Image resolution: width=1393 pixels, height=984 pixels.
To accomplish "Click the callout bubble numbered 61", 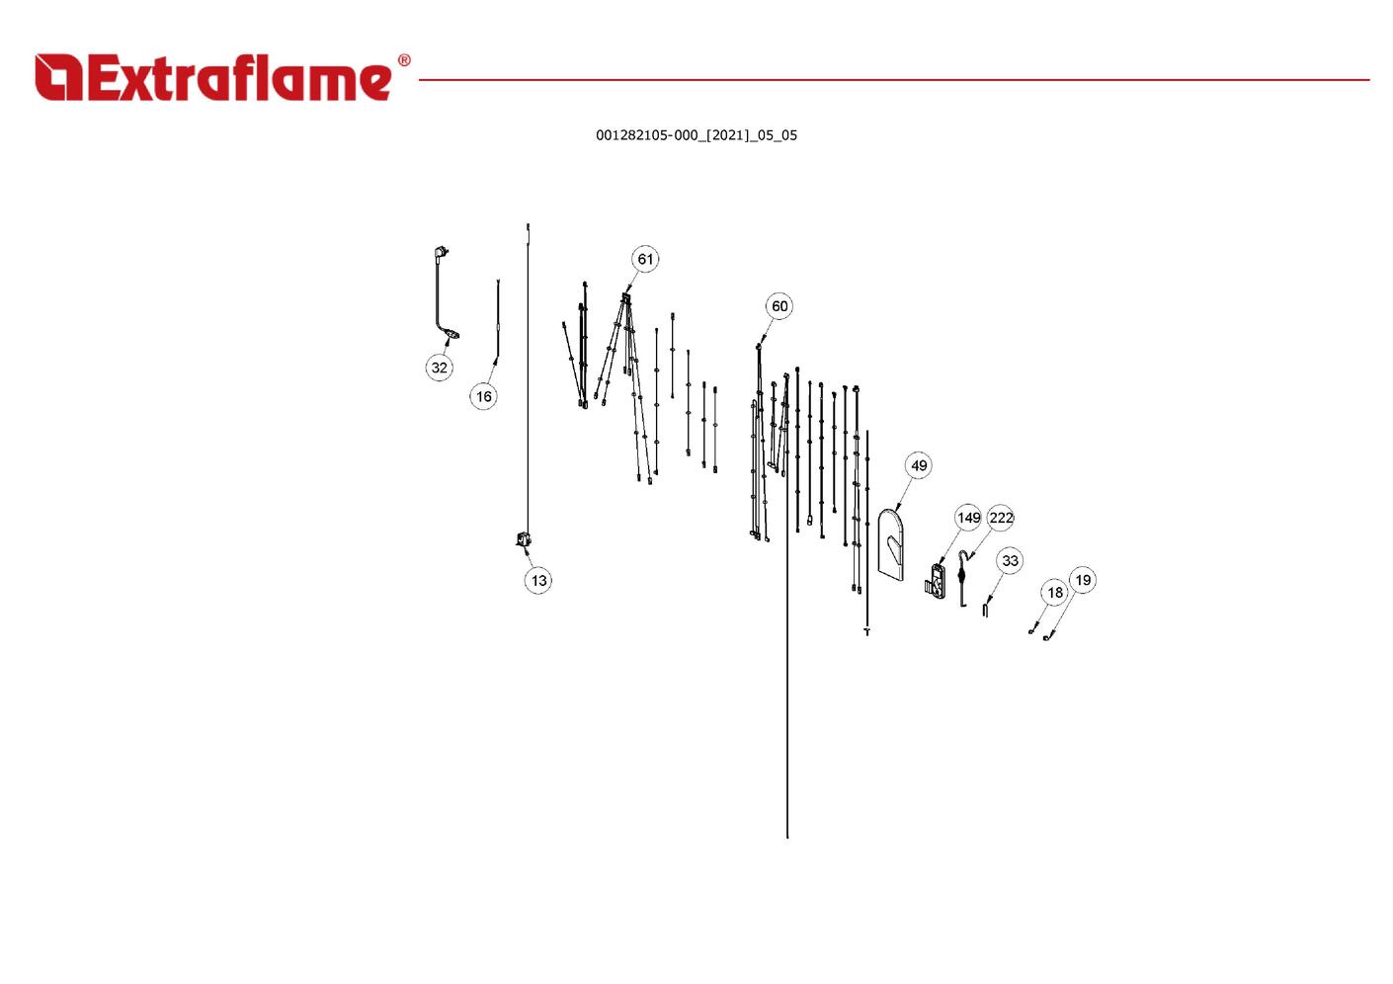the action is point(645,259).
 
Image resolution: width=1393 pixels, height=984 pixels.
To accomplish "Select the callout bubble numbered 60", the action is point(779,306).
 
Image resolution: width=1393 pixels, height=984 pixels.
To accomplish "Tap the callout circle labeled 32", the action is point(439,368).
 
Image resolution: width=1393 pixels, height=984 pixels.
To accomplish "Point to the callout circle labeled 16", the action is point(483,396).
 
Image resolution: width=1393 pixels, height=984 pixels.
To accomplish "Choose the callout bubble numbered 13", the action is point(538,580).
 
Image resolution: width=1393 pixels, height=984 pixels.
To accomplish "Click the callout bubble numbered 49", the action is point(919,465).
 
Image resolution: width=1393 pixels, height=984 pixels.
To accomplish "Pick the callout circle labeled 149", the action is point(968,518).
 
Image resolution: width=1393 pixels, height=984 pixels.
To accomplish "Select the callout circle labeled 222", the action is point(1001,518).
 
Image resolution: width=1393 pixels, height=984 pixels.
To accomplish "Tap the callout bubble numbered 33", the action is point(1010,560).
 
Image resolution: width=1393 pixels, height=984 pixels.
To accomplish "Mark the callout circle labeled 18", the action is point(1055,592).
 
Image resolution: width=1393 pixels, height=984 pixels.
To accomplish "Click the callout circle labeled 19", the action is point(1083,580).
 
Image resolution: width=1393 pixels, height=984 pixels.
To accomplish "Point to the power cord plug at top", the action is point(441,253).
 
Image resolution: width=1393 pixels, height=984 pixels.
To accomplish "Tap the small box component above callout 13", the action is point(524,539).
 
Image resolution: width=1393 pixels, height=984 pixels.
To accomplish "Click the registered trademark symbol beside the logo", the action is point(404,60).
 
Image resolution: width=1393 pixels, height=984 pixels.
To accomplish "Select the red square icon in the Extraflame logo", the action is point(58,77).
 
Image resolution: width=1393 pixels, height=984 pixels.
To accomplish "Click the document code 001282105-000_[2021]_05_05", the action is point(696,135).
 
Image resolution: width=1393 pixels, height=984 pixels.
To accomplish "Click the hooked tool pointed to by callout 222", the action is point(962,579).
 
